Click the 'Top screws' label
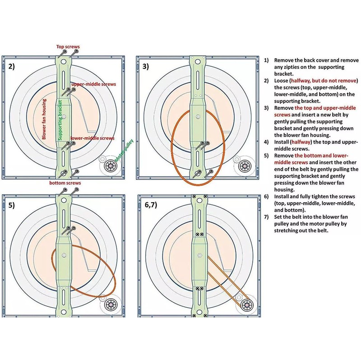coord(68,47)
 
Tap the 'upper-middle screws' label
coord(94,84)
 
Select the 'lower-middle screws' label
coord(93,138)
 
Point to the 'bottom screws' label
coord(65,183)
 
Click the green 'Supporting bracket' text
coord(60,120)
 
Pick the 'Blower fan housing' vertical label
coord(44,119)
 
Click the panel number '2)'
coord(12,66)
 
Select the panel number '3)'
coord(145,66)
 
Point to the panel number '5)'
coord(12,205)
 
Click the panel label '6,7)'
coord(151,205)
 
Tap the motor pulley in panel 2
coord(110,166)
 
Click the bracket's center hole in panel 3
coord(198,117)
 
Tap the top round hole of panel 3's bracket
coord(198,62)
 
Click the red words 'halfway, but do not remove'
coord(324,81)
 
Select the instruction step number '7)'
coord(266,217)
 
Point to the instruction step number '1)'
coord(266,60)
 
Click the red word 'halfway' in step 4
coord(301,142)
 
